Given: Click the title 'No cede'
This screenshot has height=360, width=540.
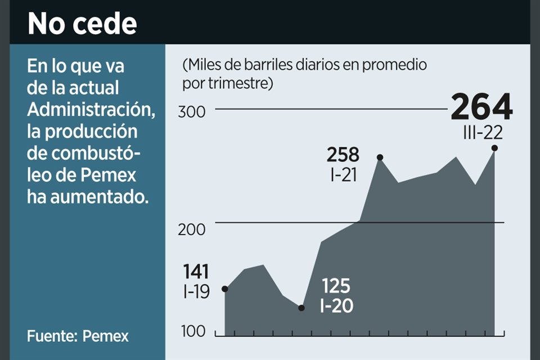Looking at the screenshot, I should pos(82,24).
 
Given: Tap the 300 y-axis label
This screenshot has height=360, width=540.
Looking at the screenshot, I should pos(192,111).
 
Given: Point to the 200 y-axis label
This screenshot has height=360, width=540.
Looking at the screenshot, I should pos(192,229).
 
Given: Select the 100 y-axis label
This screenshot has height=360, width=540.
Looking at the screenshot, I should pos(192,331).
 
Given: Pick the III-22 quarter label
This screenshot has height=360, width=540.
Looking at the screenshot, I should pos(480,133).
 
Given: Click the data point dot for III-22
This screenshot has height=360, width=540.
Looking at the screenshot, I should pos(494,148).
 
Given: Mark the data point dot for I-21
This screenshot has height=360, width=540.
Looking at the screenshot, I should pos(380,157).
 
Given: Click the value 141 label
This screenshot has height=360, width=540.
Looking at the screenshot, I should pos(196,272).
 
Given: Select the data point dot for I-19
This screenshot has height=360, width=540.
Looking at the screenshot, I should pos(225,289).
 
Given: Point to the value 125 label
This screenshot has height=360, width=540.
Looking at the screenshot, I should pos(335,286).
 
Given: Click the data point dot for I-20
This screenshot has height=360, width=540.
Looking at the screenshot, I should pos(301,308).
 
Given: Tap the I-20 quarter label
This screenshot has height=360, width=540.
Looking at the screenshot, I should pos(336,307).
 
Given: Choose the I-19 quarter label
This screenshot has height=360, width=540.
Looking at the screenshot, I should pos(196,291).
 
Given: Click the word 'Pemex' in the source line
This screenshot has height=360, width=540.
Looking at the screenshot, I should pos(106,336).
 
